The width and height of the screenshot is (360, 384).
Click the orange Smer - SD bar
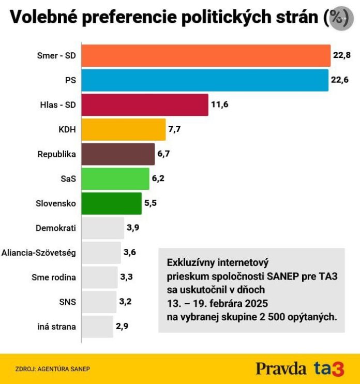tap(206, 56)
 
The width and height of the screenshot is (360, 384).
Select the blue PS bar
tap(205, 80)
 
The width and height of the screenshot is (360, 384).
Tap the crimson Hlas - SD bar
tap(145, 105)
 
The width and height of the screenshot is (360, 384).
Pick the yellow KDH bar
tap(124, 129)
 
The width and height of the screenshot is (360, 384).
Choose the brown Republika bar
tap(118, 154)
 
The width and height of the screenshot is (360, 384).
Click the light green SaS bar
tap(116, 179)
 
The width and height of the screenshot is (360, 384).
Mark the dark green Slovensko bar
tap(112, 203)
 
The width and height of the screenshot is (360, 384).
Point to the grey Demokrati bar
tap(103, 228)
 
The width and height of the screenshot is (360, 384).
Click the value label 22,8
tap(342, 56)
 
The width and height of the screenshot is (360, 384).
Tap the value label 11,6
tap(219, 105)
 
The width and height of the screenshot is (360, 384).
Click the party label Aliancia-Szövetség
tap(39, 253)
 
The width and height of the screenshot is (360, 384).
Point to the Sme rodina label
tap(54, 277)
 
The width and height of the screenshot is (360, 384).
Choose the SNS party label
tap(68, 302)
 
